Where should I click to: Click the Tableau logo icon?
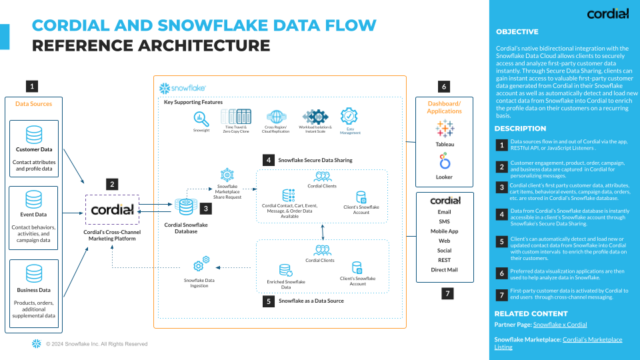(x=444, y=128)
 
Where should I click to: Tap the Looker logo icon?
(x=444, y=162)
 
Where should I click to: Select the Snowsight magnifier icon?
(x=201, y=117)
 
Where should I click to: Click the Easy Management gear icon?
(x=349, y=117)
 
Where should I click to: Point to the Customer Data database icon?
(x=33, y=135)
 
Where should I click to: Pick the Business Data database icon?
(x=33, y=274)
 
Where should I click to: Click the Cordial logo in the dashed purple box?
(x=112, y=209)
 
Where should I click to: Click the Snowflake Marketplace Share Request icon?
(x=227, y=175)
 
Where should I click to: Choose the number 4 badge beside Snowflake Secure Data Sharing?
(x=267, y=160)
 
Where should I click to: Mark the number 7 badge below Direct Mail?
(x=447, y=293)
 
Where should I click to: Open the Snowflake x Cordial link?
(x=560, y=325)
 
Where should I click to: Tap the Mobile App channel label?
(x=444, y=231)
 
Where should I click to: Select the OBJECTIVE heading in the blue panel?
(x=517, y=31)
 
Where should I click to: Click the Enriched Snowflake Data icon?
(x=285, y=270)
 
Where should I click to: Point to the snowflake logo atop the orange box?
(x=183, y=88)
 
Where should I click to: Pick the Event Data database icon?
(x=33, y=199)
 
